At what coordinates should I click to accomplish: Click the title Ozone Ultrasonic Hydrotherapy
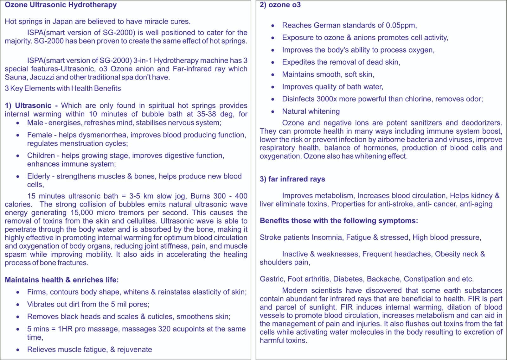[61, 5]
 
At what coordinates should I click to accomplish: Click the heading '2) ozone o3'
[280, 5]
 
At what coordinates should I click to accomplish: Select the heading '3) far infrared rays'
[292, 179]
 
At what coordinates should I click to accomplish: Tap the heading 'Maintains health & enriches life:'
[62, 280]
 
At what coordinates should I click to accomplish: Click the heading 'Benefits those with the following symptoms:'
[339, 221]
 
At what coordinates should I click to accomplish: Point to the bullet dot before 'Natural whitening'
[273, 111]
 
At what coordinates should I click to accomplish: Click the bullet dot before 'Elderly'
[18, 176]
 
